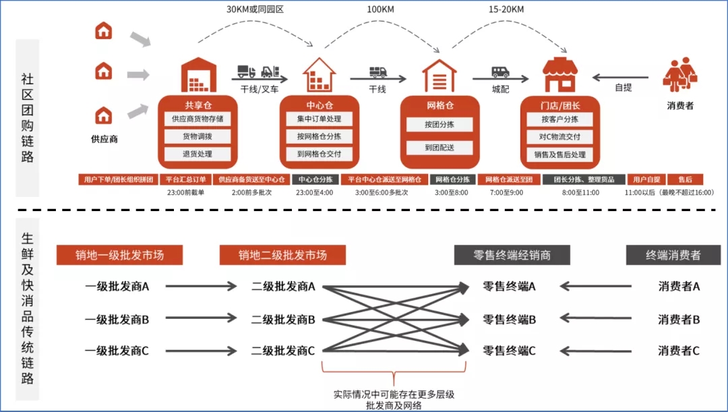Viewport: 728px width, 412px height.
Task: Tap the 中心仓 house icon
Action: pos(319,74)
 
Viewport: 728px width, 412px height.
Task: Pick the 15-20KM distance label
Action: pos(506,10)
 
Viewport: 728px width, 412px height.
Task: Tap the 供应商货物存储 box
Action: pos(198,119)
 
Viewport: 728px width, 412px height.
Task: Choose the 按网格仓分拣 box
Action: pos(319,136)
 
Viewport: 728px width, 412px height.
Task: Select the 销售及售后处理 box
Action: pos(560,154)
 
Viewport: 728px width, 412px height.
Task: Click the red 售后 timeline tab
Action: pos(685,180)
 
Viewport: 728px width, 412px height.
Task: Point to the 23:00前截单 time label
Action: pos(185,193)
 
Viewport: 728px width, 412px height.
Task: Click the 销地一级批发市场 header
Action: pos(120,255)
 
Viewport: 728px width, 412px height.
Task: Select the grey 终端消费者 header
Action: pos(673,255)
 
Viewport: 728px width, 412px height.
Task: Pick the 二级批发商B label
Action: pos(283,319)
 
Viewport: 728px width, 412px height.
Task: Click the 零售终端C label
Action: pos(510,351)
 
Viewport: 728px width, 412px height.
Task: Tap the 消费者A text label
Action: pos(679,287)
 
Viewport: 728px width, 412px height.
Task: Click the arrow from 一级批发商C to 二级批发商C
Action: pos(200,351)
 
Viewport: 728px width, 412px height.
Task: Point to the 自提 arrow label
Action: pos(623,88)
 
